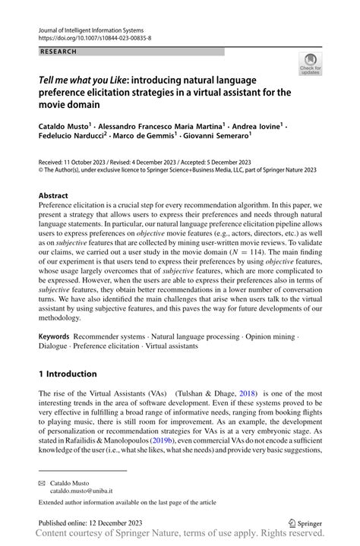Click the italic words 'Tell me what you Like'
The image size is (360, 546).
(80, 80)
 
